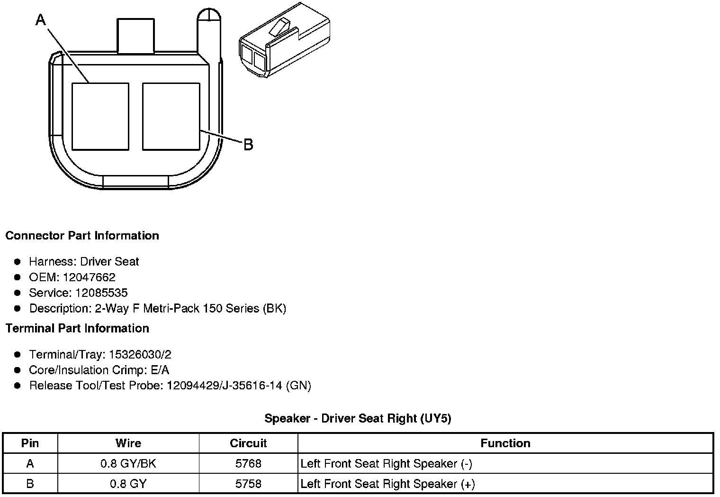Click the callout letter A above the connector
pyautogui.click(x=41, y=20)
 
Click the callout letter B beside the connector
pyautogui.click(x=248, y=145)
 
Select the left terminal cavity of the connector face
pyautogui.click(x=100, y=117)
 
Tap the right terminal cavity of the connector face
pyautogui.click(x=171, y=117)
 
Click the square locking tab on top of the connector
pyautogui.click(x=135, y=36)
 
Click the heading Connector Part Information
pyautogui.click(x=82, y=236)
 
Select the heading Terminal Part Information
pyautogui.click(x=77, y=328)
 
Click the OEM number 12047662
pyautogui.click(x=89, y=277)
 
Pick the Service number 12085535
pyautogui.click(x=101, y=293)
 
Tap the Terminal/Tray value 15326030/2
pyautogui.click(x=140, y=354)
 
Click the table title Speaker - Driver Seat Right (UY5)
pyautogui.click(x=358, y=418)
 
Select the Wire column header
pyautogui.click(x=128, y=443)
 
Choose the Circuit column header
pyautogui.click(x=248, y=443)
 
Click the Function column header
pyautogui.click(x=505, y=443)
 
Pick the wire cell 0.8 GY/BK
pyautogui.click(x=128, y=463)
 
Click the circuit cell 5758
pyautogui.click(x=248, y=484)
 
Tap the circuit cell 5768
pyautogui.click(x=248, y=463)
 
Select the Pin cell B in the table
pyautogui.click(x=30, y=484)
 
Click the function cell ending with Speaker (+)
pyautogui.click(x=387, y=484)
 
